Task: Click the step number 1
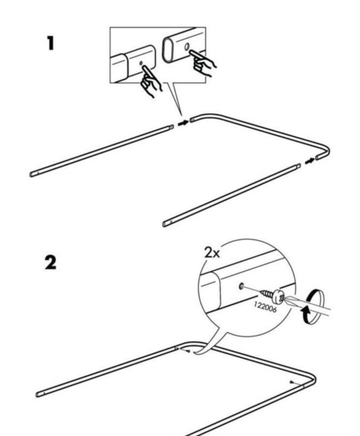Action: pyautogui.click(x=50, y=44)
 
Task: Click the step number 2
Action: pyautogui.click(x=50, y=263)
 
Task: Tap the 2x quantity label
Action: pyautogui.click(x=212, y=253)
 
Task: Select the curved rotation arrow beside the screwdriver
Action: pyautogui.click(x=312, y=306)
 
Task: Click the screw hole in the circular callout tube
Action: pyautogui.click(x=241, y=286)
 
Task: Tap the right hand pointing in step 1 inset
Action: pyautogui.click(x=203, y=62)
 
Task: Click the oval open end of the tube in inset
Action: pyautogui.click(x=168, y=50)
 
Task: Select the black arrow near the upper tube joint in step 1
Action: pyautogui.click(x=183, y=122)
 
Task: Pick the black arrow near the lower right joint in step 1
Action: pyautogui.click(x=310, y=160)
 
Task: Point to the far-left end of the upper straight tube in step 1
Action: pyautogui.click(x=32, y=174)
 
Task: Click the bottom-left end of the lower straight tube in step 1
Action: pyautogui.click(x=165, y=224)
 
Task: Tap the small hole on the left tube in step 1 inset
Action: pyautogui.click(x=141, y=63)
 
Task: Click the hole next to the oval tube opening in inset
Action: pyautogui.click(x=187, y=46)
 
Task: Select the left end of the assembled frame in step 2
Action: pyautogui.click(x=38, y=394)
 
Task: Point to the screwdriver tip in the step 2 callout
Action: pyautogui.click(x=284, y=300)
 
